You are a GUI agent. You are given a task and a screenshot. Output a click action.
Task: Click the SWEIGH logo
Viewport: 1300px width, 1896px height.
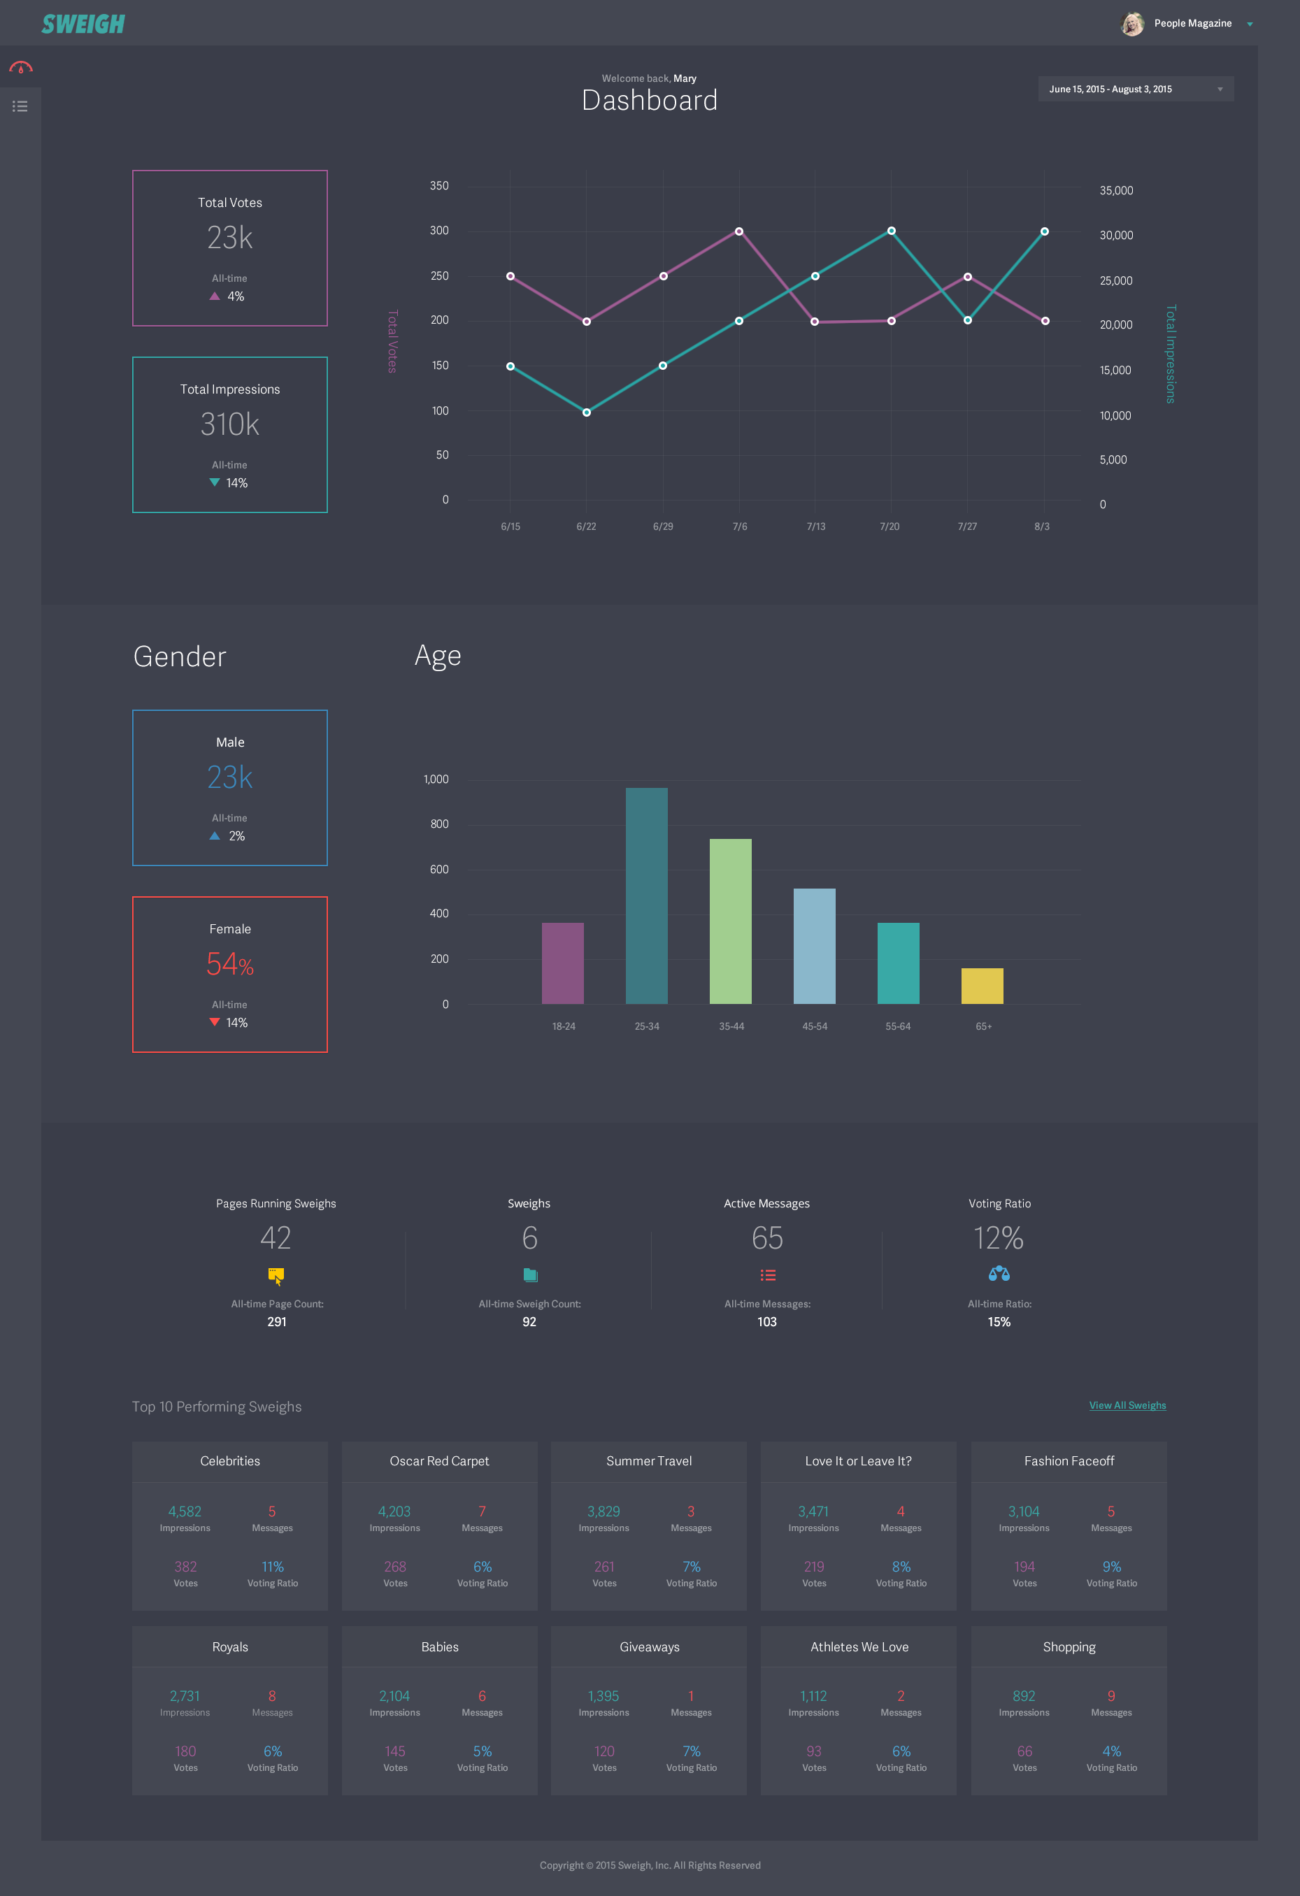point(83,24)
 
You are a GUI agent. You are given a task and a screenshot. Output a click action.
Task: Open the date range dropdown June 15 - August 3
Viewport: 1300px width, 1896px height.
point(1134,89)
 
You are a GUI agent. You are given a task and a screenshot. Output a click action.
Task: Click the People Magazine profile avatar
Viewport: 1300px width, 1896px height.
point(1132,24)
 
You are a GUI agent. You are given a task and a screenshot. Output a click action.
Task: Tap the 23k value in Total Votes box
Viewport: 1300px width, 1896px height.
point(229,238)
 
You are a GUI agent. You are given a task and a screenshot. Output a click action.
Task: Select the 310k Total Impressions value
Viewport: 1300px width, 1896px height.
point(229,424)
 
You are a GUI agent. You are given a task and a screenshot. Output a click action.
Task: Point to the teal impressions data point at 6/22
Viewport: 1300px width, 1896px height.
point(586,412)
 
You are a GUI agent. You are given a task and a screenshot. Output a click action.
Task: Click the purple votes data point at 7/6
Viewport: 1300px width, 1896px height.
point(738,231)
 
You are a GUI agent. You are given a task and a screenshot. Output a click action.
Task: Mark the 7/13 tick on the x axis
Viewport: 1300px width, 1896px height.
point(815,526)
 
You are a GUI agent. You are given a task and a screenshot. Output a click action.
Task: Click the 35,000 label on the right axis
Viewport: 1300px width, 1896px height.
point(1115,190)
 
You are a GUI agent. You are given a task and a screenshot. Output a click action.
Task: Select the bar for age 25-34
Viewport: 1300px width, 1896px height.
point(646,895)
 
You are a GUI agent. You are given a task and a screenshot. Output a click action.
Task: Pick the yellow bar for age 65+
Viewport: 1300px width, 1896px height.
point(982,986)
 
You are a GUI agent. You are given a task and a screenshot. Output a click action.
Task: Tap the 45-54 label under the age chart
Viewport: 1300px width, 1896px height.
point(815,1026)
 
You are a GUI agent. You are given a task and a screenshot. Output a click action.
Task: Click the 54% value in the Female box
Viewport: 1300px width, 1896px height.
point(229,964)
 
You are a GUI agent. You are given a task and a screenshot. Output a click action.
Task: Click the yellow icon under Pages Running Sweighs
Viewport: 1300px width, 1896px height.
point(276,1275)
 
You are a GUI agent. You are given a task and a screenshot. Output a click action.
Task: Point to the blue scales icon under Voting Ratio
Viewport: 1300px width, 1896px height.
point(999,1274)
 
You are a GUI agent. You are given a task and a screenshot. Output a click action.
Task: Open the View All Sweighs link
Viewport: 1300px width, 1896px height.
point(1127,1405)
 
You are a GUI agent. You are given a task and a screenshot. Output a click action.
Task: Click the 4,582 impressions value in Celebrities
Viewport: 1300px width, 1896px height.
point(185,1511)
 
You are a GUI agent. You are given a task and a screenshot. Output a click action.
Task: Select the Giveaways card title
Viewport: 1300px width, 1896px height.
point(649,1646)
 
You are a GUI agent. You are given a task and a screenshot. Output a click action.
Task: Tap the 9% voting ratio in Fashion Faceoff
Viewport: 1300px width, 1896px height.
point(1110,1567)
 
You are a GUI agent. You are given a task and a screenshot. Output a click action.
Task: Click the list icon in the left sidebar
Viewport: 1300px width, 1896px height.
point(20,106)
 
